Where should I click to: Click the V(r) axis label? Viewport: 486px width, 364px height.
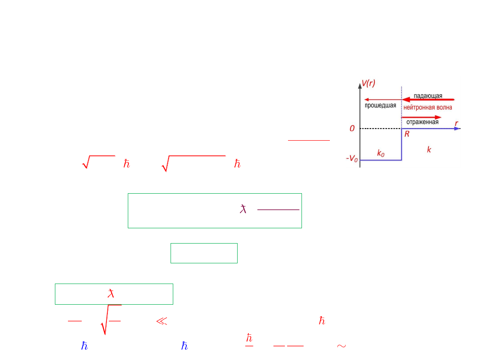369,84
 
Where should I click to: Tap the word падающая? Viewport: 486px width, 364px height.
428,96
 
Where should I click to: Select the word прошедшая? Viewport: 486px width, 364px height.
380,105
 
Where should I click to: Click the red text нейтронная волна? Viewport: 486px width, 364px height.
428,107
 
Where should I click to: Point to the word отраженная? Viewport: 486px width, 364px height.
423,122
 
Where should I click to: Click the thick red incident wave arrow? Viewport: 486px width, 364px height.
428,100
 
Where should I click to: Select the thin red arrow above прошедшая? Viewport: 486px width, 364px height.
383,100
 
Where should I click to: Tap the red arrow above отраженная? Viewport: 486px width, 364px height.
421,117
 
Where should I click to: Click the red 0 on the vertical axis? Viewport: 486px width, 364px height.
352,129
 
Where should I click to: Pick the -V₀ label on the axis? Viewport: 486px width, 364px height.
352,159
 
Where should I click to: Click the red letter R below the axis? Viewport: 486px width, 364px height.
407,134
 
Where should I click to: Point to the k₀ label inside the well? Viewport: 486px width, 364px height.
381,153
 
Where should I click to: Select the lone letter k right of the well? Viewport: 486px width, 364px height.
429,150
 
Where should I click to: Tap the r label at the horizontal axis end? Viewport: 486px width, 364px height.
456,124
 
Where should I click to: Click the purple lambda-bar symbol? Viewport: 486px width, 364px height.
243,209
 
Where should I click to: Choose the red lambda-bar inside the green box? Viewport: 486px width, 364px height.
111,293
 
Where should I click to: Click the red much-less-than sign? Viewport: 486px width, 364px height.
162,321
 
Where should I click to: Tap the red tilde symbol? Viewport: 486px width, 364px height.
341,346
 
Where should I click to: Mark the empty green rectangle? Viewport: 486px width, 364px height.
171,253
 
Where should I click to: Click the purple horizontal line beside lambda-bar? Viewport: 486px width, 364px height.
279,209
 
